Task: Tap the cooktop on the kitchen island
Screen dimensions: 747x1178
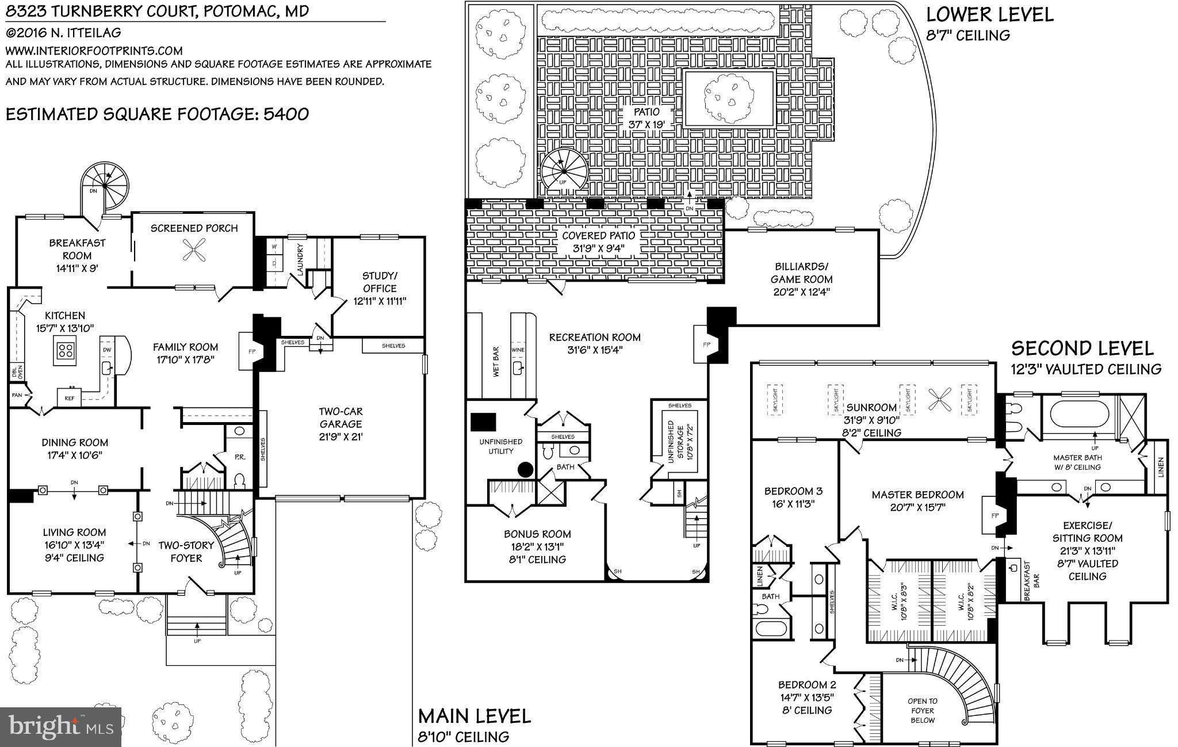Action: click(65, 350)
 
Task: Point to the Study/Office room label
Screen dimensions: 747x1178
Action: click(380, 282)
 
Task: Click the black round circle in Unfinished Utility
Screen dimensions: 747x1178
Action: click(526, 470)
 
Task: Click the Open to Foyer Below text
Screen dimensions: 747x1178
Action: click(922, 710)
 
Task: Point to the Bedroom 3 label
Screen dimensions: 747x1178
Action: click(793, 491)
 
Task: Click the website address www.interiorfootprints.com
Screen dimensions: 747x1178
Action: click(94, 51)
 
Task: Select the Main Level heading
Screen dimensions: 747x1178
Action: click(474, 716)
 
